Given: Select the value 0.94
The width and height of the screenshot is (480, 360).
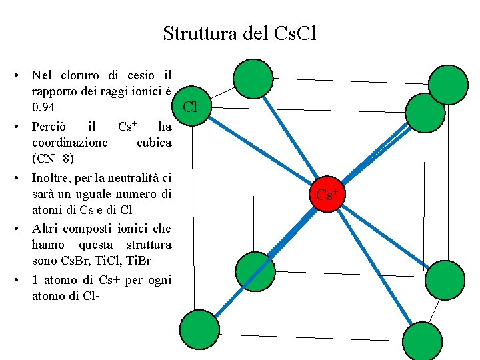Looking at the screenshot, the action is coord(44,107).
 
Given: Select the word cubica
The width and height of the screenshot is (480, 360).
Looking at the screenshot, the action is coord(153,143).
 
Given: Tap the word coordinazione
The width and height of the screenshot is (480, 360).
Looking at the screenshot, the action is coord(69,143).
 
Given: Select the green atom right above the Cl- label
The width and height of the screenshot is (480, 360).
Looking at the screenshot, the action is coord(253,79).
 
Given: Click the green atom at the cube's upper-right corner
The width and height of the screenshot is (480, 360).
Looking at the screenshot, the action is coord(447,84).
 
